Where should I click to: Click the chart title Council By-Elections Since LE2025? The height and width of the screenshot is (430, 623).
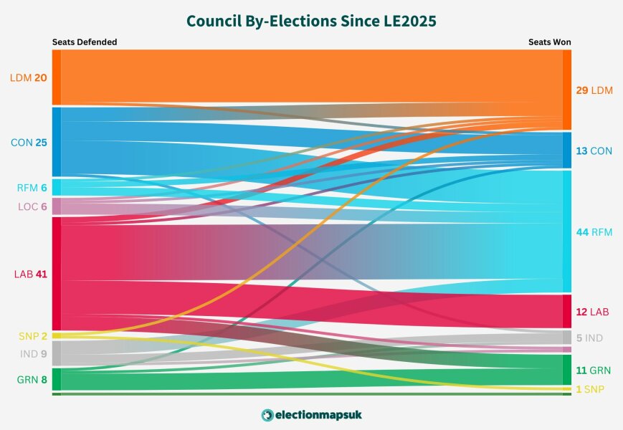311,21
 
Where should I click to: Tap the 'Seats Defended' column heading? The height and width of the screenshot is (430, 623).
84,42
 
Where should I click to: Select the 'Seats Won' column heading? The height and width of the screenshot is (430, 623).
549,42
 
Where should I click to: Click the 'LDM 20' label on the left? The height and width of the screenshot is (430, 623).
29,78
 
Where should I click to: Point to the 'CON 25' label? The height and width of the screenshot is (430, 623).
29,143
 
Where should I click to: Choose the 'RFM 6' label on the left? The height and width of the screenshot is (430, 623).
32,188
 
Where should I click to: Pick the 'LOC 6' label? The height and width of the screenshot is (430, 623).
32,207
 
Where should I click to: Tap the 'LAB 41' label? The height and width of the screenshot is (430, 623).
30,274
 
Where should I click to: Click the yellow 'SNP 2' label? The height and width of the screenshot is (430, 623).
33,336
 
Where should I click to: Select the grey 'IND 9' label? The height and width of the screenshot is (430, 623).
33,353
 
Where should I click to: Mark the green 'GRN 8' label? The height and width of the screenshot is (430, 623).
32,380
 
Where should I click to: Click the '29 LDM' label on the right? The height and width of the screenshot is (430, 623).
594,90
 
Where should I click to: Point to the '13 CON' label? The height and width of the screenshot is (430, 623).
594,150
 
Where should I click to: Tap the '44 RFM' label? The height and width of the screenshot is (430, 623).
594,232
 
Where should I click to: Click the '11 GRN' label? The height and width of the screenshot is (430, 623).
594,371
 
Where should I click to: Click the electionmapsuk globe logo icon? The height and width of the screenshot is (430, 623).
267,415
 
